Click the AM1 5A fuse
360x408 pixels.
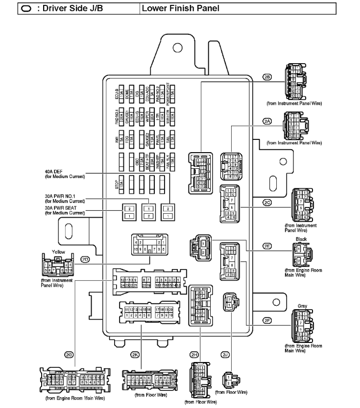coord(120,142)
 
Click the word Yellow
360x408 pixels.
coord(58,251)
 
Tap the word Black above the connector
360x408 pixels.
coord(302,239)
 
